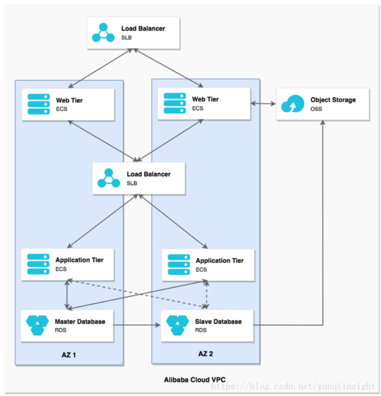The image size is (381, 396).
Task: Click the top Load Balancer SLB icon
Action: click(103, 32)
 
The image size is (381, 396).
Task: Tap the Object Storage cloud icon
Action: click(292, 104)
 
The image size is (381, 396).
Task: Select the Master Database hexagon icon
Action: click(37, 325)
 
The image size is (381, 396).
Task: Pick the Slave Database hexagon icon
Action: click(178, 325)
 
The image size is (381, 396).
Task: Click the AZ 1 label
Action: click(69, 355)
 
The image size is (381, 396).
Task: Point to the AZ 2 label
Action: click(206, 353)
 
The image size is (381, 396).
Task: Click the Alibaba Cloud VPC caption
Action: click(195, 380)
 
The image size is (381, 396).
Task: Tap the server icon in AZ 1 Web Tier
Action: click(39, 104)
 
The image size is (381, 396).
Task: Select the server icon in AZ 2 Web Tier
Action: click(175, 103)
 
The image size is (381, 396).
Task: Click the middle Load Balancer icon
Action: click(109, 178)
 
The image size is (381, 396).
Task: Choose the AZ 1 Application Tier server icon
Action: click(38, 264)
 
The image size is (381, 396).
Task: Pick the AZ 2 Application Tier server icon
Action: click(179, 265)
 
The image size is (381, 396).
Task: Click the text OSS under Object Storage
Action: click(316, 109)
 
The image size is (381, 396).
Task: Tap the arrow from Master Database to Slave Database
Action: click(137, 325)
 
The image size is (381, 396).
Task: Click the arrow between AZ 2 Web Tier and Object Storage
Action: click(263, 103)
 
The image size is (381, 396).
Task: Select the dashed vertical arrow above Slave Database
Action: click(207, 294)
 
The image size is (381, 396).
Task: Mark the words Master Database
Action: click(80, 321)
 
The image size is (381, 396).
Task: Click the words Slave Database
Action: click(218, 321)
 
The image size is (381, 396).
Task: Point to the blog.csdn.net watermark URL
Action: click(293, 386)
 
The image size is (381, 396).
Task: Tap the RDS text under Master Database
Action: click(61, 330)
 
